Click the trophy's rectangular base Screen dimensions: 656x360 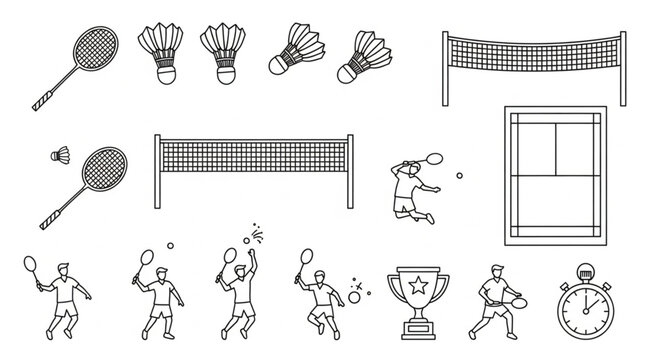(415, 329)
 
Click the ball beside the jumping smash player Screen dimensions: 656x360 (459, 176)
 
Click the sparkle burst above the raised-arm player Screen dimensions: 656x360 (257, 234)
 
